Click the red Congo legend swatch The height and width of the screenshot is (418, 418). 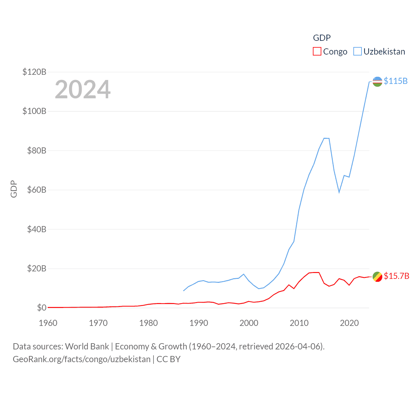[x=317, y=52]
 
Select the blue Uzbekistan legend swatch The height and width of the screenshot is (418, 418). [x=358, y=52]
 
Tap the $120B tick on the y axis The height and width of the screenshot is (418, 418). [x=34, y=72]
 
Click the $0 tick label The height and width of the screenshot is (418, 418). [x=41, y=308]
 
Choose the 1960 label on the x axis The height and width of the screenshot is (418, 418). [x=48, y=323]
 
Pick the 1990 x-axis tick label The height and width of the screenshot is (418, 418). [x=199, y=323]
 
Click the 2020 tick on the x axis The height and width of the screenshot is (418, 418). [x=349, y=323]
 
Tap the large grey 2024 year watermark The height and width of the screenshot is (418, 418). [x=83, y=89]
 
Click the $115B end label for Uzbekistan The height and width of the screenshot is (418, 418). [x=395, y=81]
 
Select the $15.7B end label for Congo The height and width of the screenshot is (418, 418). [x=396, y=276]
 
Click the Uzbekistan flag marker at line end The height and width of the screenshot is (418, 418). [x=377, y=82]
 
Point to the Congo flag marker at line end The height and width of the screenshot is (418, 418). [x=377, y=277]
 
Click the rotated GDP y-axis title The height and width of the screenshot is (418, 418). [x=14, y=189]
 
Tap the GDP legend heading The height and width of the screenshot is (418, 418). [x=322, y=38]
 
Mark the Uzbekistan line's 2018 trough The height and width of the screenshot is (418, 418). [x=339, y=192]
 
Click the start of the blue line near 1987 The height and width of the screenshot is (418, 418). [x=184, y=291]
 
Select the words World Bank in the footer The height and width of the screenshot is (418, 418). [x=87, y=346]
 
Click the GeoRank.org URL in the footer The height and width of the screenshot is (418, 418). [x=82, y=359]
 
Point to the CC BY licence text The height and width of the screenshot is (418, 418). [x=169, y=359]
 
